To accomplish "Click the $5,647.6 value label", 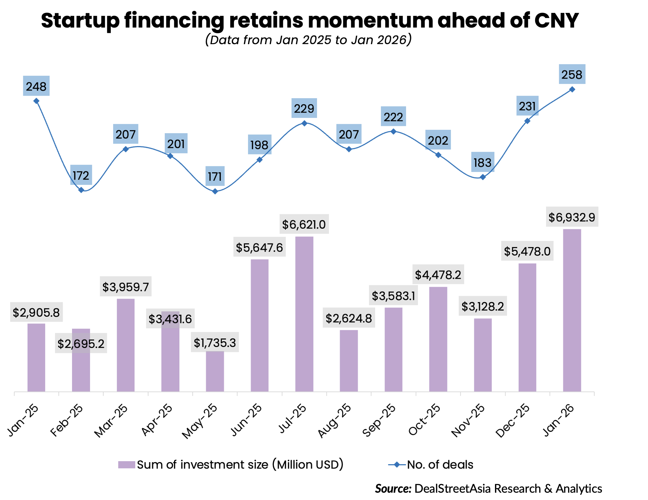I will (x=259, y=247).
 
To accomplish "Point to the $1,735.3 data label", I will (x=215, y=343).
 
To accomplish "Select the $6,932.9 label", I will (x=572, y=217).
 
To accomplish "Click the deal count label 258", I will (x=572, y=74).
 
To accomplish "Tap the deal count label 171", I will (x=215, y=176).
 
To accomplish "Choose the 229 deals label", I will (x=304, y=108).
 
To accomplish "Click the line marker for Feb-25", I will (x=81, y=190).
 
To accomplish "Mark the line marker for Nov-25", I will (x=483, y=177).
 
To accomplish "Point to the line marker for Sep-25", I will (x=393, y=131).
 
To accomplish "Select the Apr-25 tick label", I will (x=157, y=420).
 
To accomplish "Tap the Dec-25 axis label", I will (x=513, y=420).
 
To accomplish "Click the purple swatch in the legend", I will (x=126, y=464).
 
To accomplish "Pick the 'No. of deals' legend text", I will (x=440, y=464).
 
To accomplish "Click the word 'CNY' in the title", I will (x=556, y=21).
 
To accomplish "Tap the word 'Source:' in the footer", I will (x=393, y=489).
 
